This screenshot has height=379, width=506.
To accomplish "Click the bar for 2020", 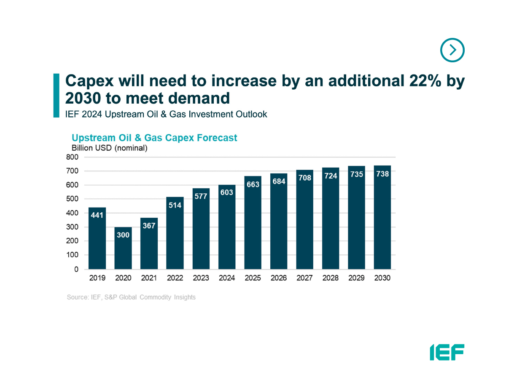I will (x=123, y=248).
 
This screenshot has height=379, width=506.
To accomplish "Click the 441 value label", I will (x=97, y=215).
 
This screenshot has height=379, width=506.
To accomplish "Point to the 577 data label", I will (x=201, y=196).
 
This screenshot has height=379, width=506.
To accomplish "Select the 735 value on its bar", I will (x=357, y=174).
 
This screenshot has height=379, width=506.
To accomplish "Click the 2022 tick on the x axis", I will (x=175, y=278).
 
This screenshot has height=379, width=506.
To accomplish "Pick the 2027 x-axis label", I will (x=305, y=278).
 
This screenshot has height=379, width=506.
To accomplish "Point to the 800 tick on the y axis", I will (x=72, y=157).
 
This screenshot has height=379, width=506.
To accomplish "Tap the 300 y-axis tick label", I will (x=72, y=227).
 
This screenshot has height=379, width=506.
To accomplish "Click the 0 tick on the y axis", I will (x=76, y=269).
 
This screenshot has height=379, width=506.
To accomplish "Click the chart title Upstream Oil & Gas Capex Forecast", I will (x=154, y=138).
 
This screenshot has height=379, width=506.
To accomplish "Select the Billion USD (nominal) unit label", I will (x=110, y=148).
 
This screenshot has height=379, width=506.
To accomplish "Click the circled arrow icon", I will (x=452, y=50).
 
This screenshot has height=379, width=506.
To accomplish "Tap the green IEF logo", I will (x=447, y=352).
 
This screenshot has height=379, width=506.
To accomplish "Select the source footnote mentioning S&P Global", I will (x=131, y=297).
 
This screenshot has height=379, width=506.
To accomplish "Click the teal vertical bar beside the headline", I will (x=56, y=95).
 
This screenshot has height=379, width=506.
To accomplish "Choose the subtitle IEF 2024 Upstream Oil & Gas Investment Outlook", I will (x=166, y=114).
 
